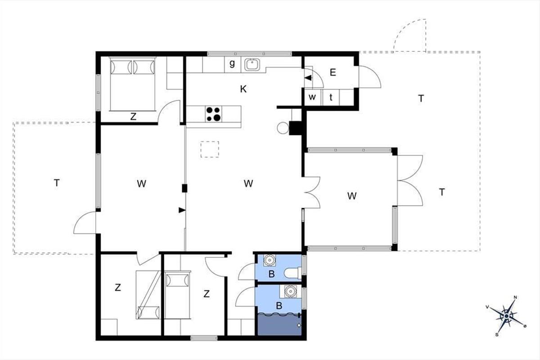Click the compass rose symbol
[507, 316]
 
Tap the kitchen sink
[252, 65]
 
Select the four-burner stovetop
[214, 114]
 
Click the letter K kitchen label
[243, 89]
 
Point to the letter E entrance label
[333, 72]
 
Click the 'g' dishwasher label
[232, 63]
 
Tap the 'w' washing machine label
[312, 97]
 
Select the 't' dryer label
[331, 97]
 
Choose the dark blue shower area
[279, 324]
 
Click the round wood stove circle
[283, 128]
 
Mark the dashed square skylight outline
[210, 149]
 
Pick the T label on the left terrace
[57, 183]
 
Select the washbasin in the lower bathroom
[291, 291]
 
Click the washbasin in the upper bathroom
[269, 260]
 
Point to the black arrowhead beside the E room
[308, 78]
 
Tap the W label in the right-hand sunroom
[352, 196]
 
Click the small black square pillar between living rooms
[184, 188]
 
